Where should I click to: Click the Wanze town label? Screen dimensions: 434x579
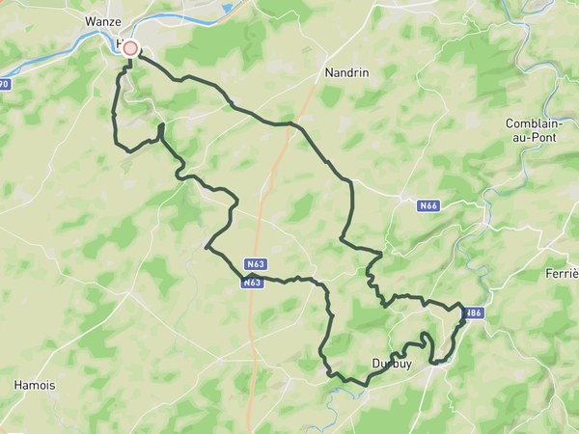102,20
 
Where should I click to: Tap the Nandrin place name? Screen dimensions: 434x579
344,71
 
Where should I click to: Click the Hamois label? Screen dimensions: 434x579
35,385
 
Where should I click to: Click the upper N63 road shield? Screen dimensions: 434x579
256,264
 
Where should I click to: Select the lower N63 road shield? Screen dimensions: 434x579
253,283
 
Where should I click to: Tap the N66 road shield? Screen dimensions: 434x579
429,205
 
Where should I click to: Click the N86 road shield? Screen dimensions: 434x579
472,313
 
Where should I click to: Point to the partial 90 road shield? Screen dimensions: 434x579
4,85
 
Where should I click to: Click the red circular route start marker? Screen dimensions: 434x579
130,47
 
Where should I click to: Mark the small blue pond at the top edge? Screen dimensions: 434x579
227,8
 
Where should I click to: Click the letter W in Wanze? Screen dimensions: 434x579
90,20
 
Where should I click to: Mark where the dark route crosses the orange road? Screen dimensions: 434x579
289,123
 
